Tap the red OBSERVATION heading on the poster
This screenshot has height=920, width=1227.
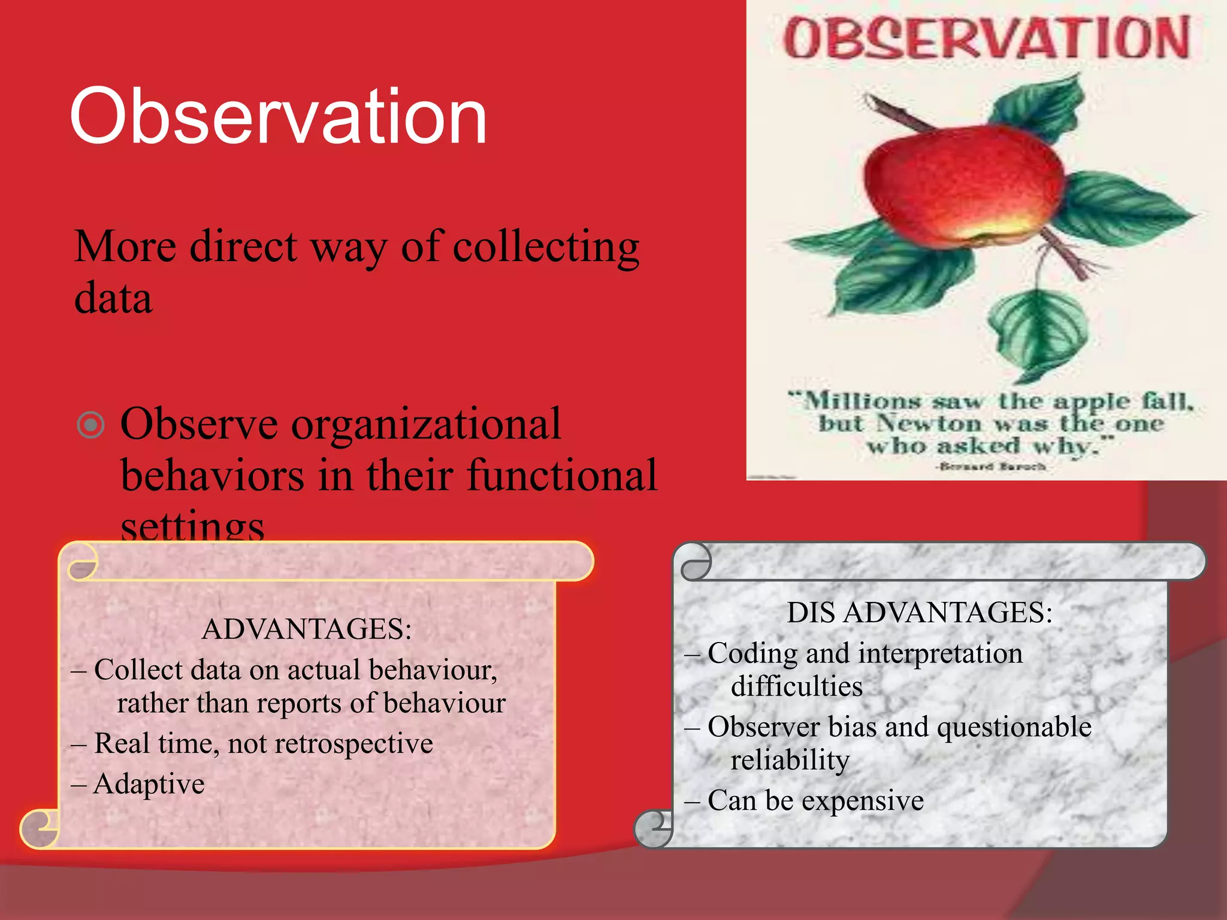(986, 38)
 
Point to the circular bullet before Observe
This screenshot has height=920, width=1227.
(91, 425)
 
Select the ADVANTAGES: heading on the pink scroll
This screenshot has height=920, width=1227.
(307, 629)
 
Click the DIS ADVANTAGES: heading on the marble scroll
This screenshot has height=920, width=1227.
(920, 612)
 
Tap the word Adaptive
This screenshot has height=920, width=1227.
(149, 783)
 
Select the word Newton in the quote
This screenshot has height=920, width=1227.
(929, 423)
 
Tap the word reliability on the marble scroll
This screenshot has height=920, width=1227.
(790, 760)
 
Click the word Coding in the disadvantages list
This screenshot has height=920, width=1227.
(752, 653)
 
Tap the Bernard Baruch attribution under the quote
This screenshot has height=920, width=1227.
(992, 466)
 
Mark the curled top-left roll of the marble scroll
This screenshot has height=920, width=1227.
(695, 562)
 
